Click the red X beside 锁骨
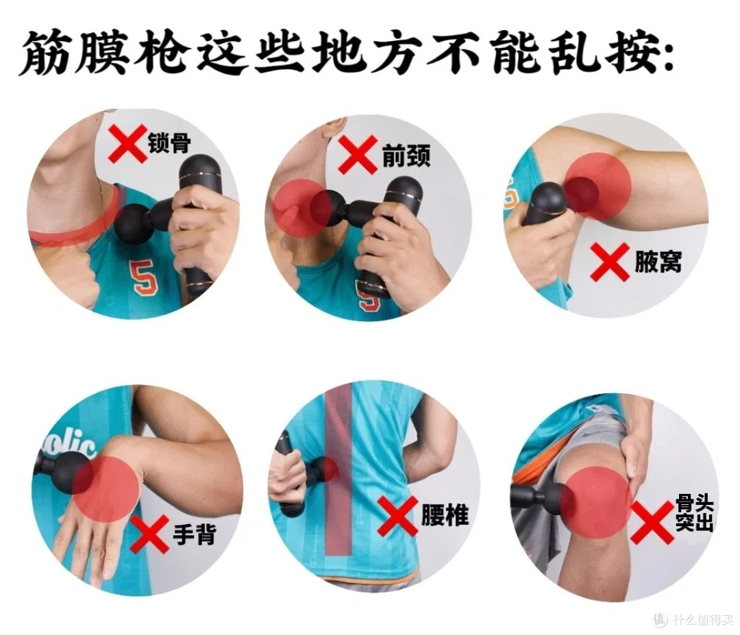[x=127, y=143]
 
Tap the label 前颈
[x=406, y=156]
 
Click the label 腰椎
[x=445, y=515]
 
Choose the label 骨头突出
[x=694, y=514]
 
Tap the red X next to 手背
[x=149, y=534]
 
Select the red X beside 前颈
[x=358, y=155]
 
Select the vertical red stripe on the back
[x=338, y=473]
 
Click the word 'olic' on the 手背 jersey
[x=64, y=446]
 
